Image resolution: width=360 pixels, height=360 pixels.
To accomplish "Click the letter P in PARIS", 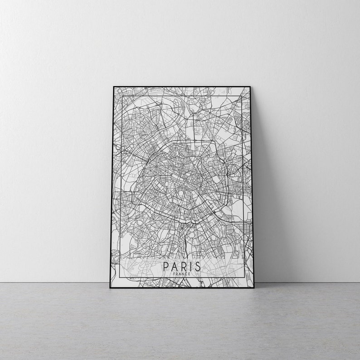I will (x=165, y=265).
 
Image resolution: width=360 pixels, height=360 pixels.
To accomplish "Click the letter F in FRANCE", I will (x=175, y=273).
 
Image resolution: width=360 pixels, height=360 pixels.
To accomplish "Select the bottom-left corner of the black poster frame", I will (x=110, y=288).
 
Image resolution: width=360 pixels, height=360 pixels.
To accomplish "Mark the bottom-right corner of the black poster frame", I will (x=254, y=288).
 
